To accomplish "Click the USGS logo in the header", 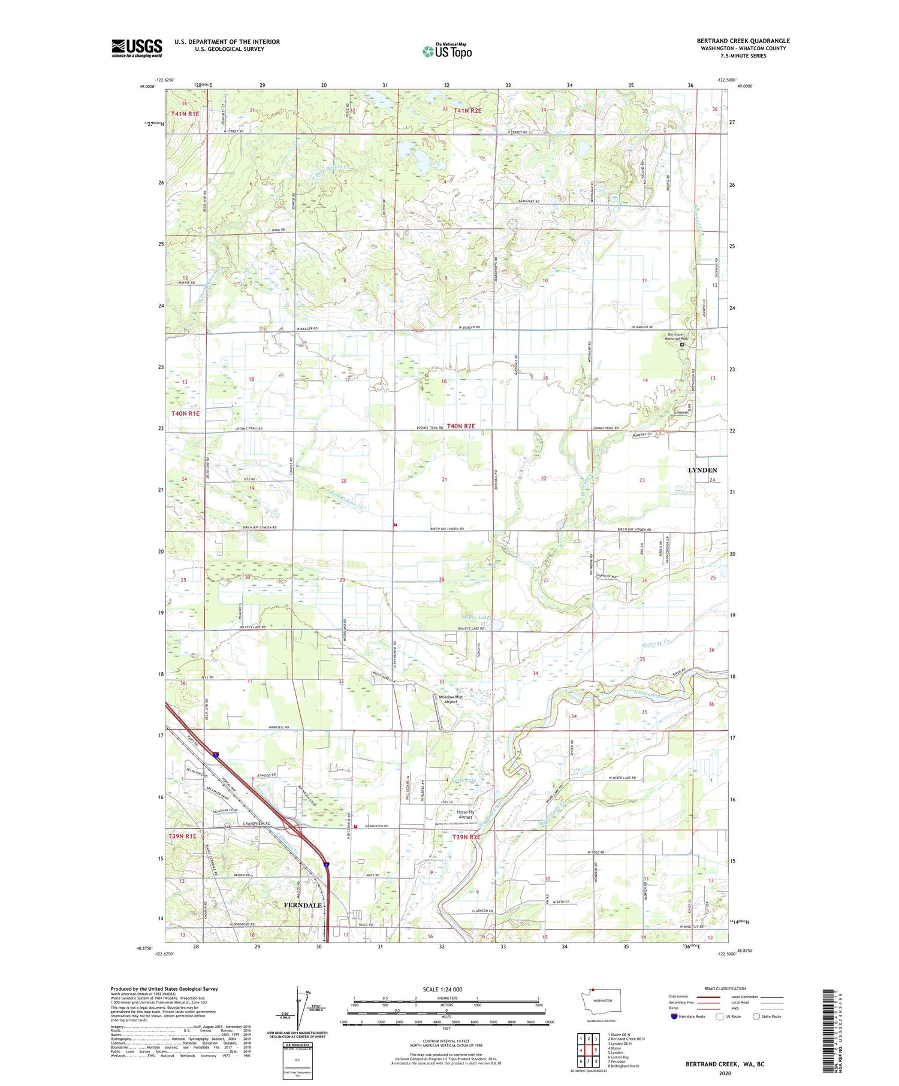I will (137, 48).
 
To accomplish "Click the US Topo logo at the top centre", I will (447, 51).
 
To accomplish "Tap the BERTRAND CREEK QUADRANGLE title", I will (743, 41).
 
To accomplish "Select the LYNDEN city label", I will (702, 470).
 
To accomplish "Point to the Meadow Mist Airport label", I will (451, 700).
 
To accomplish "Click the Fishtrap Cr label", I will (658, 644).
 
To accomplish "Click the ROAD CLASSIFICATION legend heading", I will (725, 988).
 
